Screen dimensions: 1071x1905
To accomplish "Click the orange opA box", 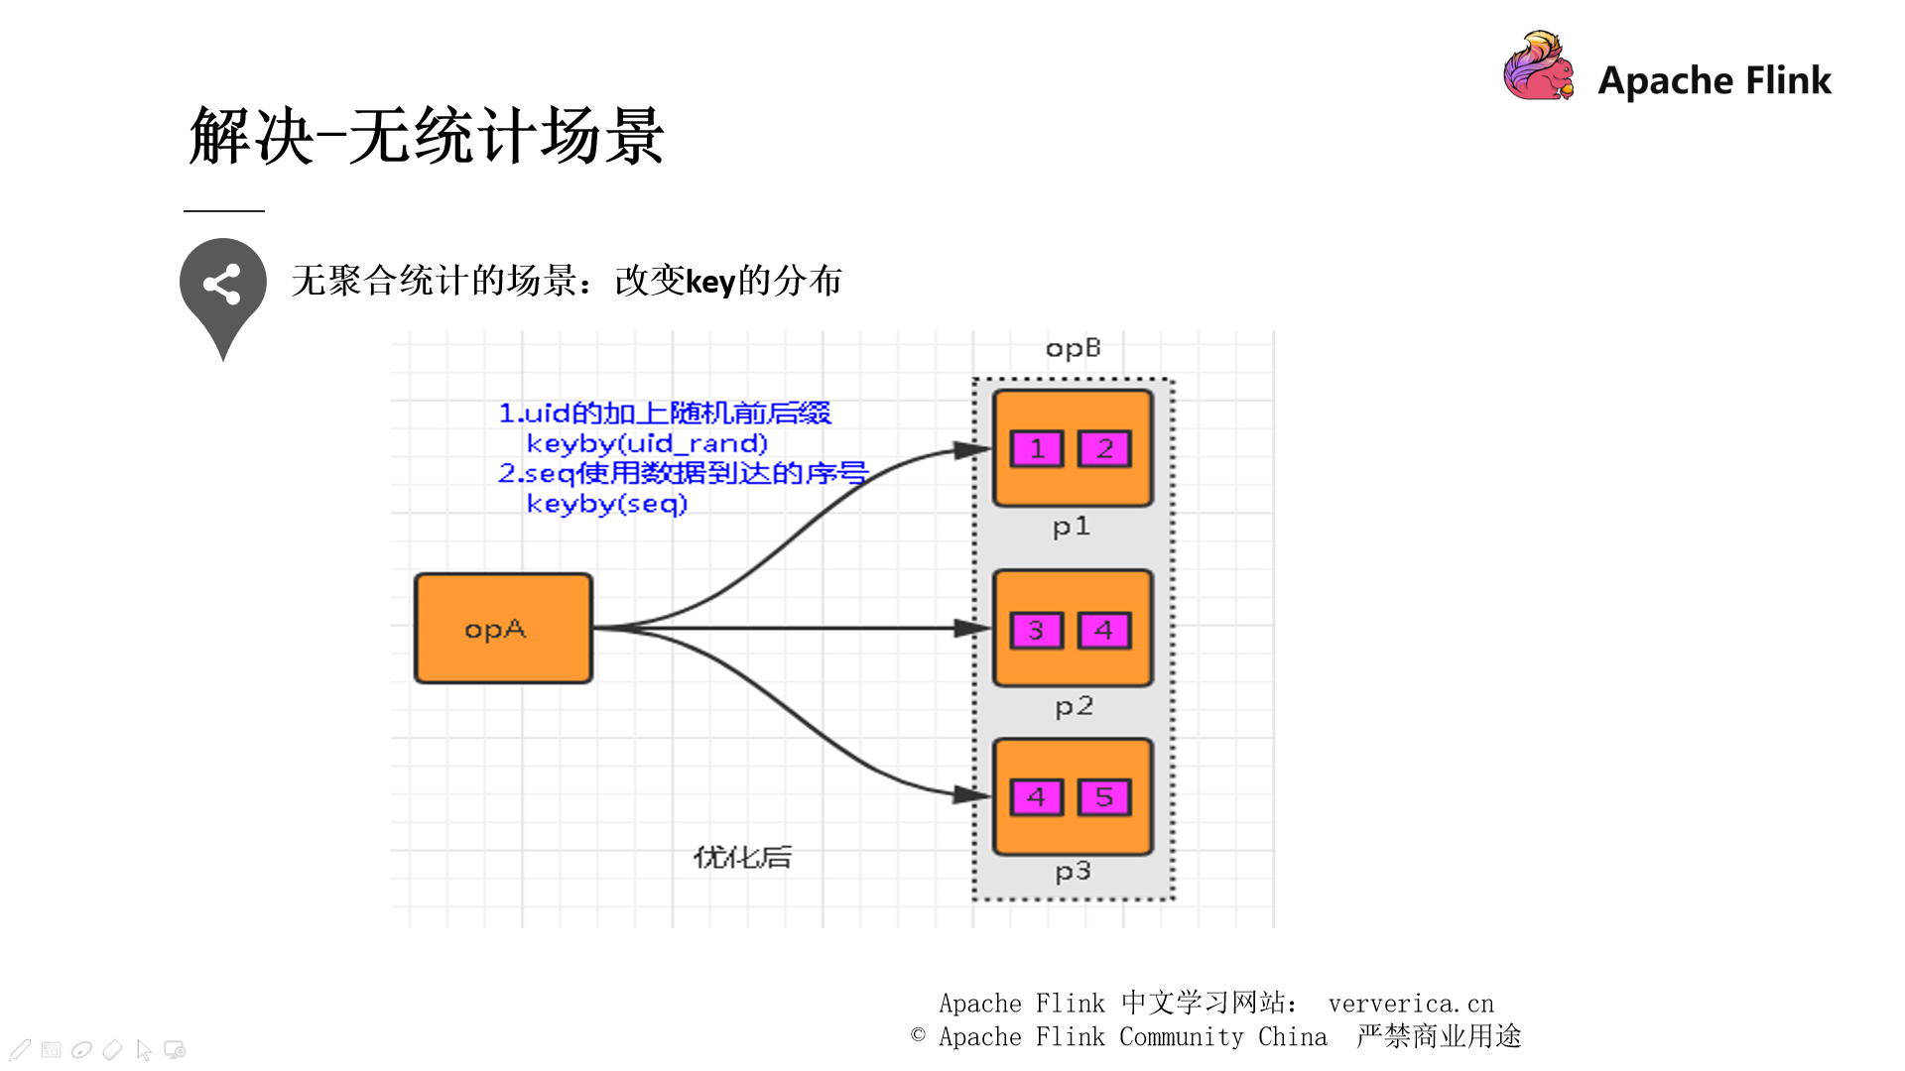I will coord(503,629).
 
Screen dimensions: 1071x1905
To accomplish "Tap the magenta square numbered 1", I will coord(1037,449).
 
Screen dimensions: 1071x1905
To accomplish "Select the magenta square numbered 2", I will coord(1104,449).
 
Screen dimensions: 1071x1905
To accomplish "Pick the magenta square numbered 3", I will coord(1037,631).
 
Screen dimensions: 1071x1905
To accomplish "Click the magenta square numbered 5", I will coord(1104,797).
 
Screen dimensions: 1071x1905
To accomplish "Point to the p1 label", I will coord(1072,527).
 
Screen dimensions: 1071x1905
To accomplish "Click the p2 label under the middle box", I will coord(1074,707).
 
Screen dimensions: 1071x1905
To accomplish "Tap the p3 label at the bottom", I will coord(1073,872).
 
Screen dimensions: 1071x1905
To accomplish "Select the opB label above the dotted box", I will coord(1073,348).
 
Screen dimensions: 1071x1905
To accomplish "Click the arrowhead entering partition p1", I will coord(972,450).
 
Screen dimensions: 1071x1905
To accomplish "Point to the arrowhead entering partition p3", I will coord(972,794).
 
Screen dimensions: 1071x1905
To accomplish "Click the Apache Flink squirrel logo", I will coord(1538,66).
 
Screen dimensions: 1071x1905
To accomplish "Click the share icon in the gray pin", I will coord(222,285).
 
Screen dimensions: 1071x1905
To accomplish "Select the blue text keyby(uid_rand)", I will coord(647,443).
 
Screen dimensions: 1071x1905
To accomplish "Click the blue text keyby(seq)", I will coord(606,504).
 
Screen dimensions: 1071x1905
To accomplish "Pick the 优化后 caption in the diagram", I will coord(742,857).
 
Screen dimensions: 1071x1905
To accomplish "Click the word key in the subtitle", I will coord(710,283).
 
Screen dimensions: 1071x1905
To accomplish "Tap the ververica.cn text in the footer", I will coord(1410,1004).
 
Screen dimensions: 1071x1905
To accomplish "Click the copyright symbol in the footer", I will coord(918,1035).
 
